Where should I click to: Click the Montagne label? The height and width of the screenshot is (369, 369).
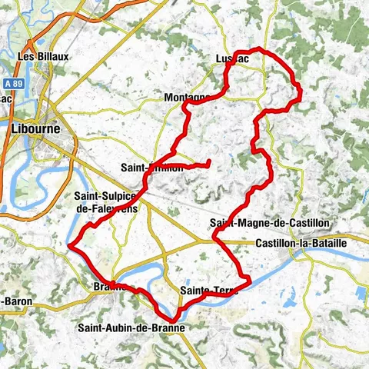pos(187,98)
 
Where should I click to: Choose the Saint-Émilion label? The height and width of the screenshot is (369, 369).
pos(152,167)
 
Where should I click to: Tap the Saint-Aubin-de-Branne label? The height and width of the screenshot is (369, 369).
pos(131,327)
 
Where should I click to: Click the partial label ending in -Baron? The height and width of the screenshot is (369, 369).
pos(17,301)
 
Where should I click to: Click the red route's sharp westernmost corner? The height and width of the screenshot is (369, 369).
pos(70,246)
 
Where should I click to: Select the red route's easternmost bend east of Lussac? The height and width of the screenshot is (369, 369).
pos(300,94)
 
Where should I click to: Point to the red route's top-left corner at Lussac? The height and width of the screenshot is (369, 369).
pos(228,67)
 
